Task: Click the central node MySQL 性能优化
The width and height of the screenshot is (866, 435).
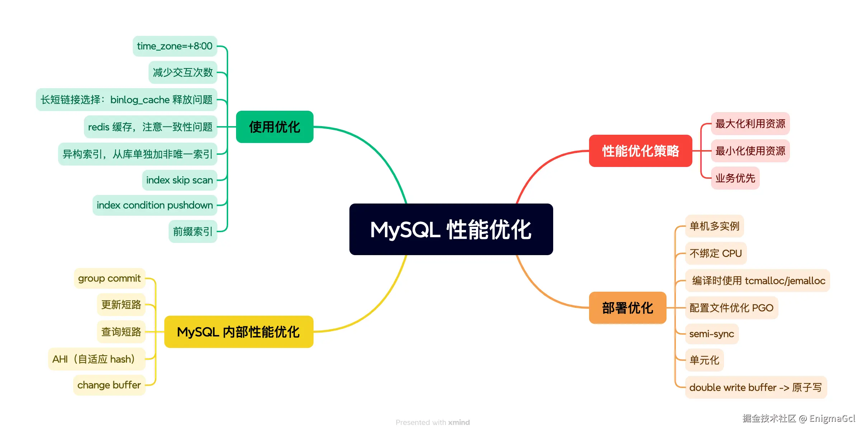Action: point(451,229)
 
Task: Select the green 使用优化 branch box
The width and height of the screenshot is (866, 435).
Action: point(274,127)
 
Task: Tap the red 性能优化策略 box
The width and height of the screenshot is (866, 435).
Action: point(640,151)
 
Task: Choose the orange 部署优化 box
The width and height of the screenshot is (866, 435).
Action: point(627,308)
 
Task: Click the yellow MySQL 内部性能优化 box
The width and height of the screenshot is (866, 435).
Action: point(239,332)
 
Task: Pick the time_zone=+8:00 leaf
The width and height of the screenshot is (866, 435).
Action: point(175,46)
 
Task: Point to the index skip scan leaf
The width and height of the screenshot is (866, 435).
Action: point(179,180)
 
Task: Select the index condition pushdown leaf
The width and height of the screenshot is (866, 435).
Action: point(155,205)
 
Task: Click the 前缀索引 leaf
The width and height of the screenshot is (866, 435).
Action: point(193,231)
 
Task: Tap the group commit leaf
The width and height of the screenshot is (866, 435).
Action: point(109,278)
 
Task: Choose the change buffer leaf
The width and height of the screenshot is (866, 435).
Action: point(109,385)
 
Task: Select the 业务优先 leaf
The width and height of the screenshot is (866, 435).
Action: point(735,178)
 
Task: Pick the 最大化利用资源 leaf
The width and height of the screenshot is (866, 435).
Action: point(750,124)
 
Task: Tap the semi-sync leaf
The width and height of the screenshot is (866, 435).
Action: point(712,334)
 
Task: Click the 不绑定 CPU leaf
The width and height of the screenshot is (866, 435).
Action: point(715,253)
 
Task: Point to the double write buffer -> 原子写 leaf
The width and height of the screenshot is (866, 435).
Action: point(756,387)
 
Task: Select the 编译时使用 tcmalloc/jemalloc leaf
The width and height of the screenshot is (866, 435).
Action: point(758,281)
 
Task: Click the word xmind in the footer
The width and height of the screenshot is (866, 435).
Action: point(459,422)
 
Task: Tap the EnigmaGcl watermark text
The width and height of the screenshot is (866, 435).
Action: point(832,419)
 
